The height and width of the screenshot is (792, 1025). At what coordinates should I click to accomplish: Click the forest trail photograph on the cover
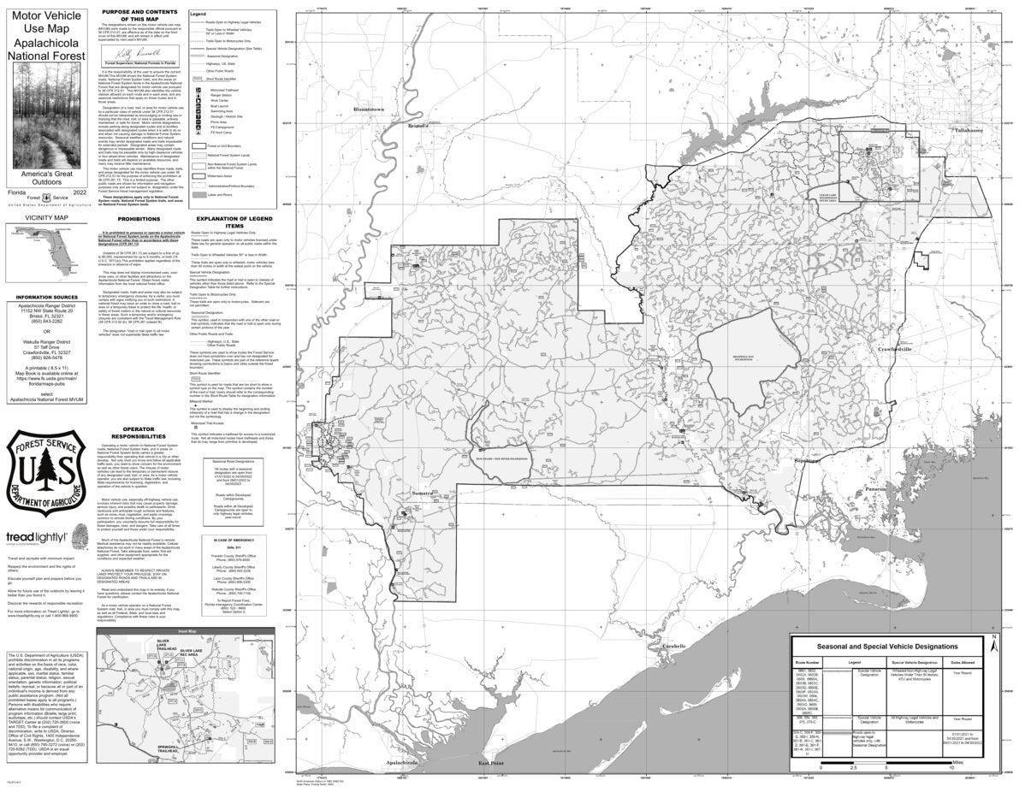(44, 117)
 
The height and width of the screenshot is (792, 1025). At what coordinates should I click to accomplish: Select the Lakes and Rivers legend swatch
(197, 197)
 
